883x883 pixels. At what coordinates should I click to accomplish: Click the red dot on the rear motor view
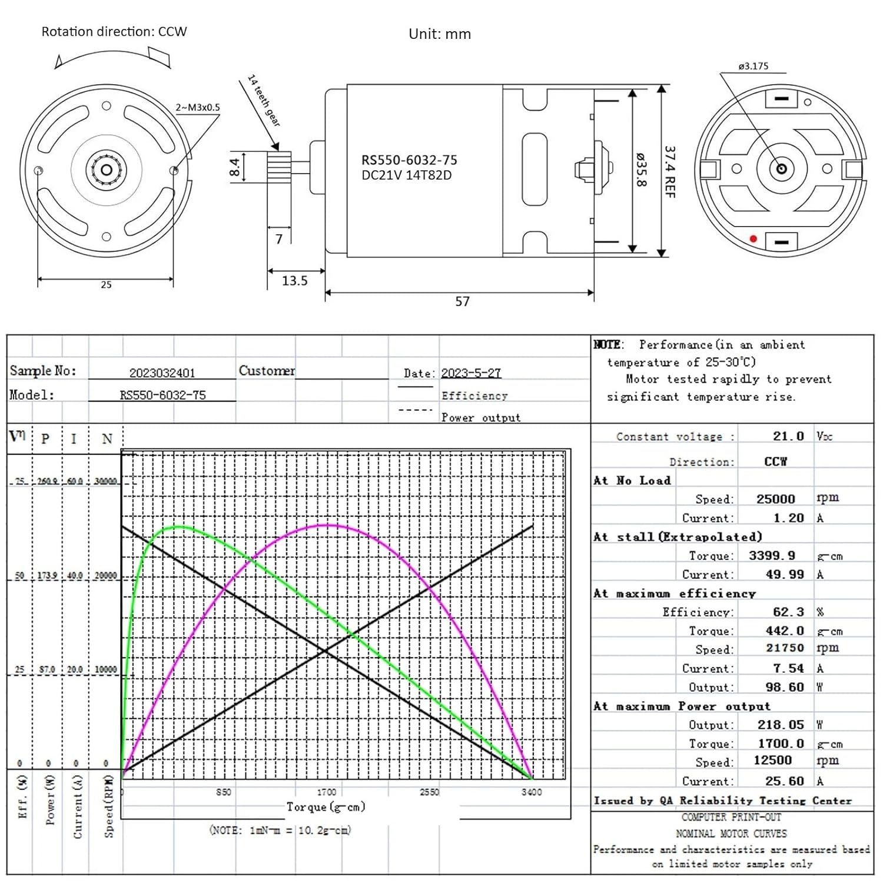[753, 238]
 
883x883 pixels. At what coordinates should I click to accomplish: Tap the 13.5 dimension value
[294, 281]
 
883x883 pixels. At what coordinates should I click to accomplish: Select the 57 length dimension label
[463, 301]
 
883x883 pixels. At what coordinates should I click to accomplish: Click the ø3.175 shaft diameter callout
[753, 66]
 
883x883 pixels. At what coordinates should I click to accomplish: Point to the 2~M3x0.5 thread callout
[198, 107]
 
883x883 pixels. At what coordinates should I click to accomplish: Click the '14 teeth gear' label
[264, 100]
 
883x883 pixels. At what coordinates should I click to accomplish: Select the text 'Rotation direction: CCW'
[114, 32]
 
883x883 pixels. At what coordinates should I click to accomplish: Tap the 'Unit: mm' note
[440, 34]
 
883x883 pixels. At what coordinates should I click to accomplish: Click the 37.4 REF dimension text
[670, 171]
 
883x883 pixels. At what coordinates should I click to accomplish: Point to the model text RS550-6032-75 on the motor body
[409, 160]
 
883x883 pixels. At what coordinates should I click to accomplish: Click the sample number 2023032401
[162, 373]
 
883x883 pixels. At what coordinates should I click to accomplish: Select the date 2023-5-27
[471, 373]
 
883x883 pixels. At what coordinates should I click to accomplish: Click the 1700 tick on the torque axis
[327, 792]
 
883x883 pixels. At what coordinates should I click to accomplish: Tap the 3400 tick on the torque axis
[532, 792]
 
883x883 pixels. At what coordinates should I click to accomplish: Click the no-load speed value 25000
[775, 499]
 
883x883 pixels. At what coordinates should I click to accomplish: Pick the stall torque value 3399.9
[772, 556]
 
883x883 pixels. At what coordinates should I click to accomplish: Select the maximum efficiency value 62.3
[788, 612]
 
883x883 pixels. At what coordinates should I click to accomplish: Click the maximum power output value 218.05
[781, 725]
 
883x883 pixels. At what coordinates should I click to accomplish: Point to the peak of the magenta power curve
[327, 525]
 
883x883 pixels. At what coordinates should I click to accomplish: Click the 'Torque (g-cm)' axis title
[326, 807]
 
